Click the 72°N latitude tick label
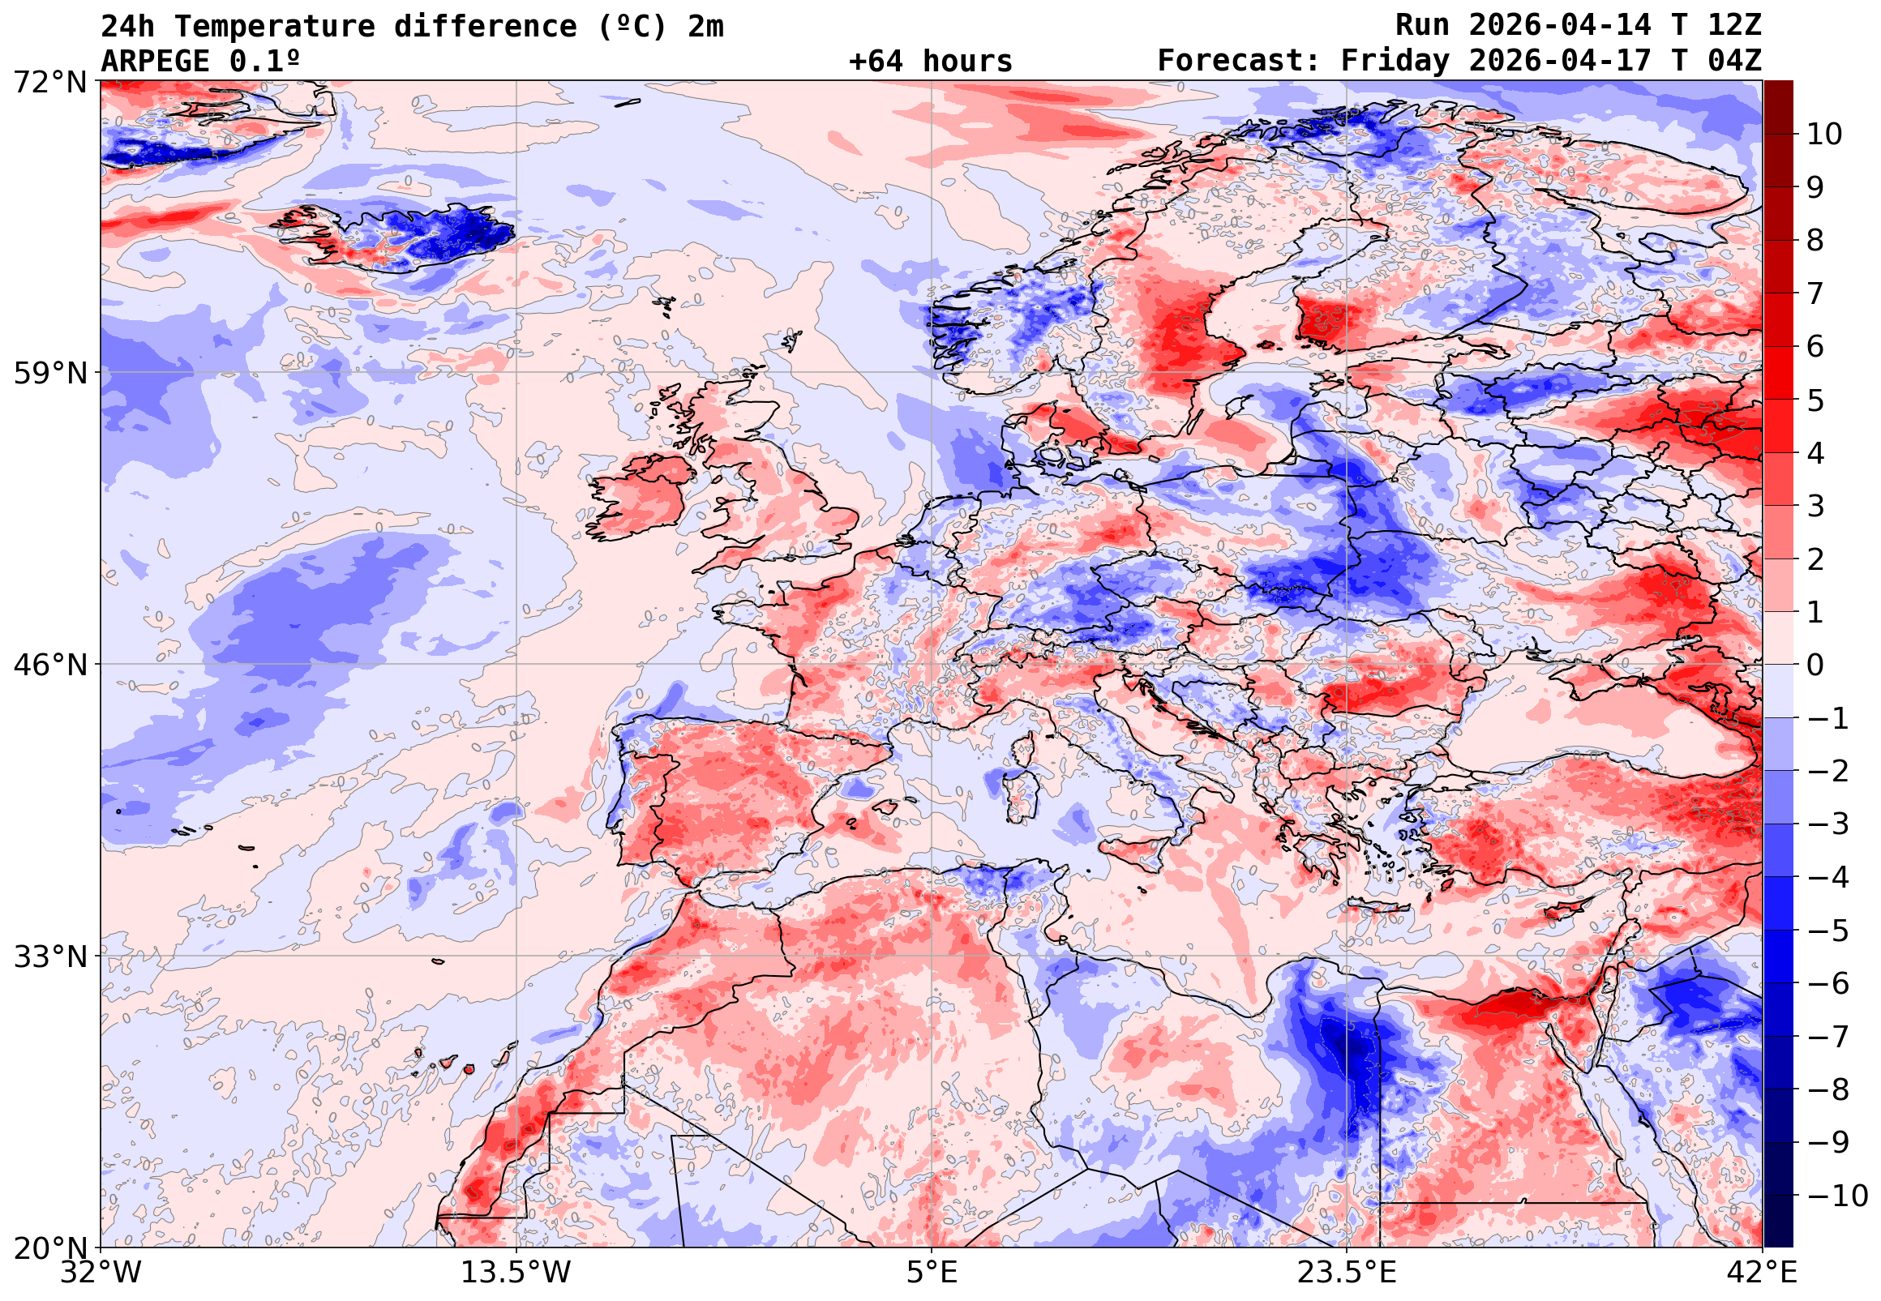click(x=49, y=82)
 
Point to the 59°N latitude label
click(x=49, y=374)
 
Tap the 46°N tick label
click(x=49, y=665)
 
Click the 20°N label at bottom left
click(x=49, y=1248)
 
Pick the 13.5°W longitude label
click(x=516, y=1273)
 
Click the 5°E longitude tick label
click(x=931, y=1273)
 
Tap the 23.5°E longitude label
click(x=1346, y=1273)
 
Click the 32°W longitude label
click(x=101, y=1273)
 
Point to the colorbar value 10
click(x=1824, y=135)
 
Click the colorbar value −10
click(x=1837, y=1196)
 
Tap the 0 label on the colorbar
click(x=1815, y=665)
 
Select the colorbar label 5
click(x=1815, y=401)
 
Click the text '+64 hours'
click(x=930, y=62)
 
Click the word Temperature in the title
click(x=275, y=26)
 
